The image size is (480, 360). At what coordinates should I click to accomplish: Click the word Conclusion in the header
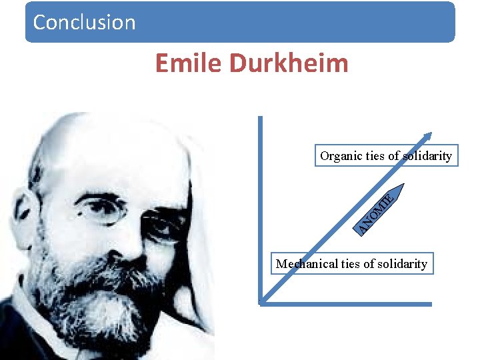click(x=84, y=22)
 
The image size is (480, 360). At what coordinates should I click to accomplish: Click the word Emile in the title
click(x=189, y=63)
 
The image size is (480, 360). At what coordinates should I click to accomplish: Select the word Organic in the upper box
click(x=341, y=156)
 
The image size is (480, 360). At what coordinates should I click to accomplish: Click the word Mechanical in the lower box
click(x=307, y=264)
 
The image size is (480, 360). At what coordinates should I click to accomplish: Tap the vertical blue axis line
click(x=260, y=200)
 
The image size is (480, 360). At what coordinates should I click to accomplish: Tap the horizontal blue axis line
click(x=347, y=304)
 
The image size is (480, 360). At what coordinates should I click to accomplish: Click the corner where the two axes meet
click(x=261, y=303)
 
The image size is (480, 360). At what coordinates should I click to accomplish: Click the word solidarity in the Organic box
click(x=427, y=156)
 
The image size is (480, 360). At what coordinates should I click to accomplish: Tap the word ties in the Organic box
click(x=376, y=156)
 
